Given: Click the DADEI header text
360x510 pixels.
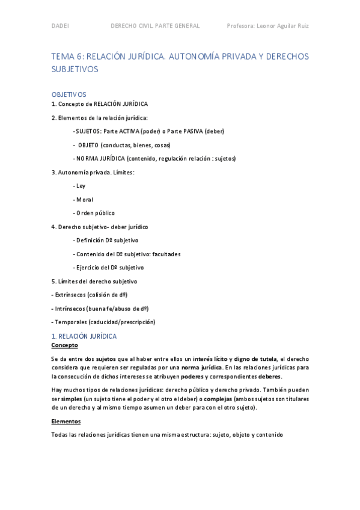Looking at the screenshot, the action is click(59, 26).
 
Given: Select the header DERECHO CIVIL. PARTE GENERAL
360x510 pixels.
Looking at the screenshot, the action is click(155, 26).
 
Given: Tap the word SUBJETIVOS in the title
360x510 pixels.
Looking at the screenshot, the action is click(75, 69).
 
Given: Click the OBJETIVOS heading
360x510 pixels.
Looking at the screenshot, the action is click(69, 94).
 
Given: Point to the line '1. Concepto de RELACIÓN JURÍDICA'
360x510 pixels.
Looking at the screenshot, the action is click(99, 104).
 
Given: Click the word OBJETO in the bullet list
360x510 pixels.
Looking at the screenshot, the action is click(88, 145).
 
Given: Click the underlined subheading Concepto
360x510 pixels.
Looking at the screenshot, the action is click(64, 346).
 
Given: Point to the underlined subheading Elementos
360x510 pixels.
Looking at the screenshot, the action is click(66, 422).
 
